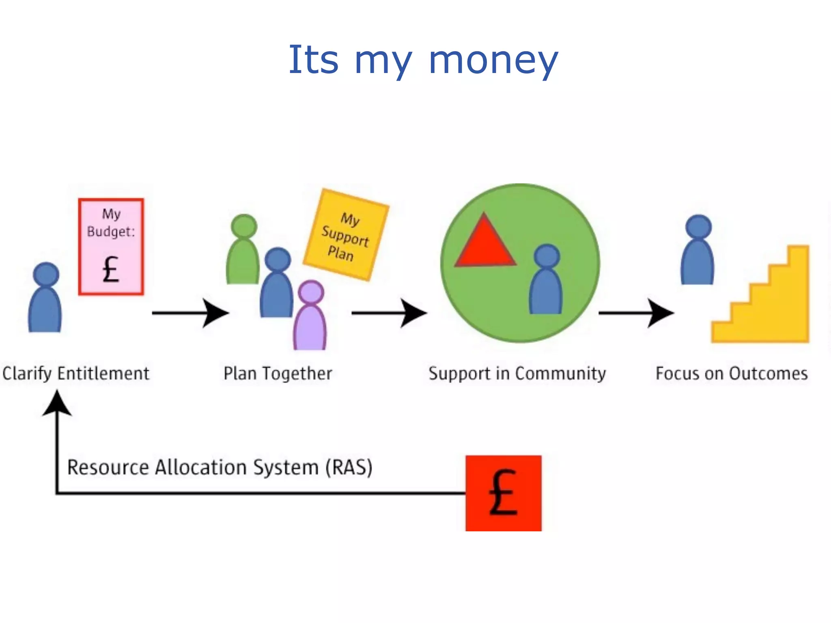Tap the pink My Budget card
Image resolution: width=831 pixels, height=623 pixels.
pos(111,247)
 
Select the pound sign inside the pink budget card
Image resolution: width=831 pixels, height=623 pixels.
pos(110,269)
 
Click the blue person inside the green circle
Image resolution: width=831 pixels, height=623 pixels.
pos(546,280)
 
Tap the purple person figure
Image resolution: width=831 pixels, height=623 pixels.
pos(310,316)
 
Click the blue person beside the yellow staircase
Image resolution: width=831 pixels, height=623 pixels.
pos(698,251)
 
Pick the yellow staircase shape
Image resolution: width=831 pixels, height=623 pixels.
pos(771,308)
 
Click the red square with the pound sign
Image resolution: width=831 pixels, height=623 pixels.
pos(503,493)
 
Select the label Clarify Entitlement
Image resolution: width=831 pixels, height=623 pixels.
pos(76,374)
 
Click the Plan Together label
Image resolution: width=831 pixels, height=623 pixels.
pos(278,374)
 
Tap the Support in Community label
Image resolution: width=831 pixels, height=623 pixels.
pos(517,374)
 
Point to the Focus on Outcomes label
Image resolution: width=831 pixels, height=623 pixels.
pos(732,374)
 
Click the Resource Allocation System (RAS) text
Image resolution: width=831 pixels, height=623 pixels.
pos(220,467)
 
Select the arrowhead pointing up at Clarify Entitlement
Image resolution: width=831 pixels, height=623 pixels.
pos(57,404)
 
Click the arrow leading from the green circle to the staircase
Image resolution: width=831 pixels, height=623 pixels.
pos(636,313)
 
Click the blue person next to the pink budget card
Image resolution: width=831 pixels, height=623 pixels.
pos(45,298)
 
